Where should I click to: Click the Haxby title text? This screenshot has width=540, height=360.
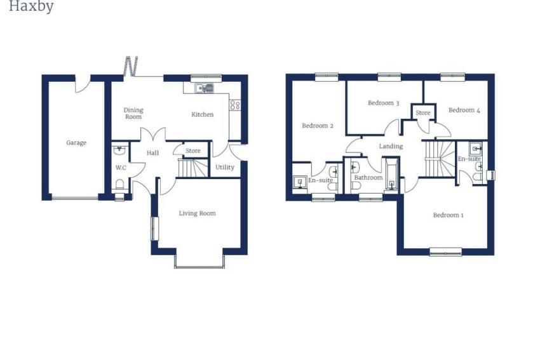pos(31,6)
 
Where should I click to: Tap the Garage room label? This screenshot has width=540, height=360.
pos(76,143)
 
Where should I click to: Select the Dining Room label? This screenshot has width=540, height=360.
pos(133,113)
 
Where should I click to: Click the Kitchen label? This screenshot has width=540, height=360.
pos(203,114)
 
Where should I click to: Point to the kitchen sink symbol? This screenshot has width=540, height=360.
pos(204,88)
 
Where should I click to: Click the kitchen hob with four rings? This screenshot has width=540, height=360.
pos(235,105)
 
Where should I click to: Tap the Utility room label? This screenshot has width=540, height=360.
pos(225,167)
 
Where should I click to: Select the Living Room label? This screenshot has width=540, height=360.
pos(198,213)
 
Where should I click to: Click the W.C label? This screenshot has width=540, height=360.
pos(121,168)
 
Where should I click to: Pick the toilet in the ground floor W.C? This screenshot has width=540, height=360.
pos(119,185)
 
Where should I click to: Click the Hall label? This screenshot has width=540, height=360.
pos(152,153)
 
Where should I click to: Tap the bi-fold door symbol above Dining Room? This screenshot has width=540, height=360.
pos(132,66)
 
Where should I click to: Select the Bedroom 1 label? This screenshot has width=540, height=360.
pos(448,215)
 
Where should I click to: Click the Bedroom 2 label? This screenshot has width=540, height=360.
pos(318,126)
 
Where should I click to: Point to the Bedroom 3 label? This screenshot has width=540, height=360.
pos(383,103)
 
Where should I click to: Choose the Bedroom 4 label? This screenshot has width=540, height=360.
pos(464,110)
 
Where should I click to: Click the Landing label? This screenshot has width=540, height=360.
pos(391,146)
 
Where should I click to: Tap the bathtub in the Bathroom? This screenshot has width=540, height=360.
pos(391,175)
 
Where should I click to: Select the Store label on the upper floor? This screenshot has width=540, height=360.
pos(423,113)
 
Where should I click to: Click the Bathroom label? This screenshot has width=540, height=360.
pos(368,178)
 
